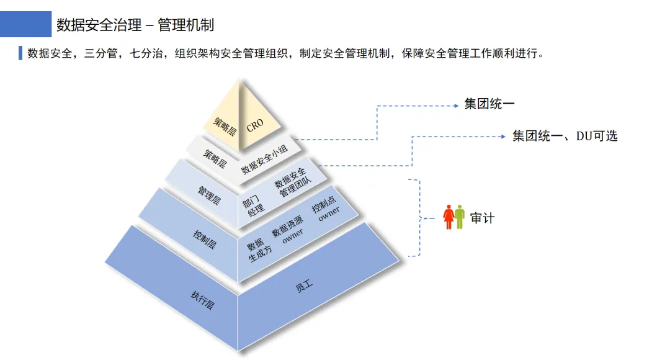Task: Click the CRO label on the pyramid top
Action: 255,125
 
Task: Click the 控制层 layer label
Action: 204,239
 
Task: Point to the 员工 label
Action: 304,286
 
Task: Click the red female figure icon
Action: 449,217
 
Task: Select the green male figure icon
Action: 460,217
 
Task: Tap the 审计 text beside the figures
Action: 482,218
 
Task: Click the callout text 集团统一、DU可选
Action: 565,136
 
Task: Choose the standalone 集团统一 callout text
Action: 489,104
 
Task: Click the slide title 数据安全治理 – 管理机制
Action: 135,25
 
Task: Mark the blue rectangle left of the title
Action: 25,24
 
